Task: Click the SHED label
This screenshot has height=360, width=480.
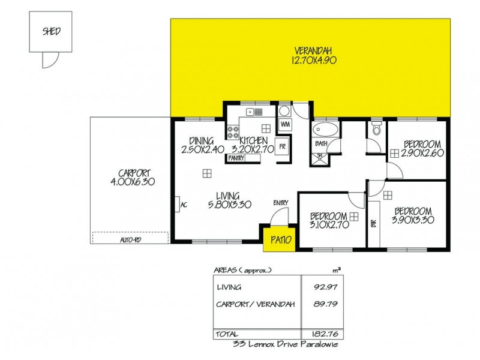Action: pyautogui.click(x=50, y=32)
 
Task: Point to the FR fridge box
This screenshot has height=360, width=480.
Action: pyautogui.click(x=282, y=146)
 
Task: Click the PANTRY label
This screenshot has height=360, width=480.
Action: pyautogui.click(x=236, y=158)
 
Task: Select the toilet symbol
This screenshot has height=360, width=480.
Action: pyautogui.click(x=377, y=128)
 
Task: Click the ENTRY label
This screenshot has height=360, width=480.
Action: pyautogui.click(x=280, y=203)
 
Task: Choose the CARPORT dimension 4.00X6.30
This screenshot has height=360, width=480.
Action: pyautogui.click(x=133, y=181)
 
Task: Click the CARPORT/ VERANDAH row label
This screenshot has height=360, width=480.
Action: pyautogui.click(x=256, y=304)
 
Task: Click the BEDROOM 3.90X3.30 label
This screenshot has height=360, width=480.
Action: pyautogui.click(x=412, y=215)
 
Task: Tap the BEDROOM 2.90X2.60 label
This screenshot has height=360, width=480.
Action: pyautogui.click(x=422, y=149)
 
